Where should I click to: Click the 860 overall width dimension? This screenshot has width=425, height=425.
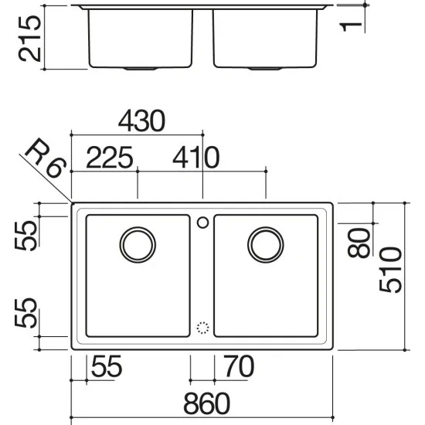pyautogui.click(x=207, y=403)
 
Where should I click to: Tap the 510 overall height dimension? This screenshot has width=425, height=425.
pyautogui.click(x=390, y=270)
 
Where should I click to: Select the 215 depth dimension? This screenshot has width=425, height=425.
pyautogui.click(x=29, y=39)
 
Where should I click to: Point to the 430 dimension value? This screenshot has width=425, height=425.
pyautogui.click(x=141, y=121)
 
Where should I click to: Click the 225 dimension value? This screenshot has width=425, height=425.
pyautogui.click(x=110, y=157)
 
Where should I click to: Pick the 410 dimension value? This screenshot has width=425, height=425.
pyautogui.click(x=196, y=157)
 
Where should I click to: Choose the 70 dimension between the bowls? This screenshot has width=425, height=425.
pyautogui.click(x=239, y=366)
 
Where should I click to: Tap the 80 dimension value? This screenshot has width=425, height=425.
pyautogui.click(x=359, y=243)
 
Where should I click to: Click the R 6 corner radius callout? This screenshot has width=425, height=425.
pyautogui.click(x=46, y=158)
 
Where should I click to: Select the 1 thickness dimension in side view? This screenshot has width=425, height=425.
pyautogui.click(x=351, y=27)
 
